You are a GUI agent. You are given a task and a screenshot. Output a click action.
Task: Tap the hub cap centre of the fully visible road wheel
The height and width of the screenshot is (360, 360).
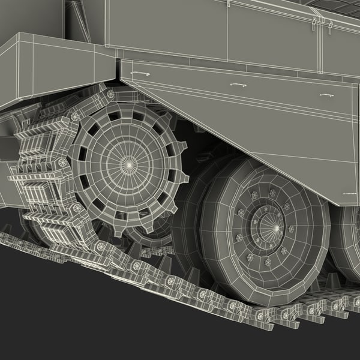point(276,229)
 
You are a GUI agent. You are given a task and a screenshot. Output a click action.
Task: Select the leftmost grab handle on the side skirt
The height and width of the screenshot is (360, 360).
point(140,74)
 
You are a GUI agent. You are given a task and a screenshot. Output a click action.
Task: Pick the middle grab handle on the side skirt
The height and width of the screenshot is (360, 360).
point(238,85)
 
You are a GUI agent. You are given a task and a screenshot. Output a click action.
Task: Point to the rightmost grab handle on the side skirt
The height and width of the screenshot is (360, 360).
point(326,95)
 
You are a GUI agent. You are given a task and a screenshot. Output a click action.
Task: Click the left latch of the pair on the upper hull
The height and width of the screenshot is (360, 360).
point(313,24)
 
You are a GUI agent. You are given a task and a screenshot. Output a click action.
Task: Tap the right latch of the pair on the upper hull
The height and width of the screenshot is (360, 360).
point(329,26)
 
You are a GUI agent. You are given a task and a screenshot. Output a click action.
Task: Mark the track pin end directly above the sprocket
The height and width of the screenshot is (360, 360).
point(111,94)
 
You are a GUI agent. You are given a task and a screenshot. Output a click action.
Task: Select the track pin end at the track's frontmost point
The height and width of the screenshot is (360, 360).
point(62,162)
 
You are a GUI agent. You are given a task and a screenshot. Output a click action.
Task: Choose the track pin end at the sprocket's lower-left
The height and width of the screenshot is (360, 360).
point(77,208)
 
